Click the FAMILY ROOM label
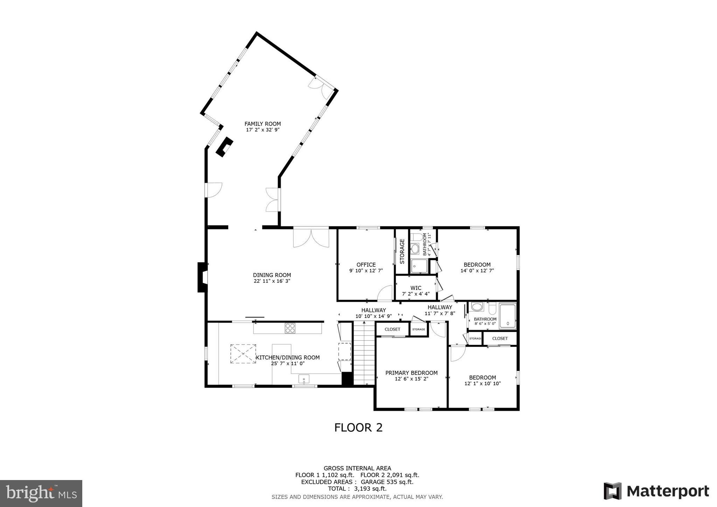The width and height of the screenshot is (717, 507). coord(263,124)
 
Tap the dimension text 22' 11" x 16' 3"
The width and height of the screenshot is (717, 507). coord(272,281)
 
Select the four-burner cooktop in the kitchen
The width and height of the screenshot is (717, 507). coord(290,328)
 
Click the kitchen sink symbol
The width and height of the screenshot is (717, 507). coord(304,379)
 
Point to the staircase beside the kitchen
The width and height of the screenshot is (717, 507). coord(364,354)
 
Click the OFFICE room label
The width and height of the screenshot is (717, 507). coord(366,265)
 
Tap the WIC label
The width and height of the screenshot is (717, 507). coord(416,288)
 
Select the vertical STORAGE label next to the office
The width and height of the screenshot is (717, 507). coord(402,251)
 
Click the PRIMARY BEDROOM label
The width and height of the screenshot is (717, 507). coord(411,373)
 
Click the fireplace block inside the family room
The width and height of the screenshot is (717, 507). coord(224,147)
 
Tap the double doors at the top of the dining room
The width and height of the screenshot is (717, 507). coord(311,238)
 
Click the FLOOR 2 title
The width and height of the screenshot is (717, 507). coord(358,428)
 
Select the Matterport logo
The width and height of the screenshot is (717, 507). coord(656,491)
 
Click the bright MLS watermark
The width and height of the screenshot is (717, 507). coord(41,493)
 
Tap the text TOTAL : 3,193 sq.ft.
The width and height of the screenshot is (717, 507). coord(357,489)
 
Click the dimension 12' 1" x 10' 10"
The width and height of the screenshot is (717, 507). coord(482,383)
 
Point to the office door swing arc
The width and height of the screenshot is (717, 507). coord(385,293)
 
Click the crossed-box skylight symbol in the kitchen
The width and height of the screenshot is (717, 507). coord(243,354)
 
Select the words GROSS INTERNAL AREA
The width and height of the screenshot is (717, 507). coord(357,468)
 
